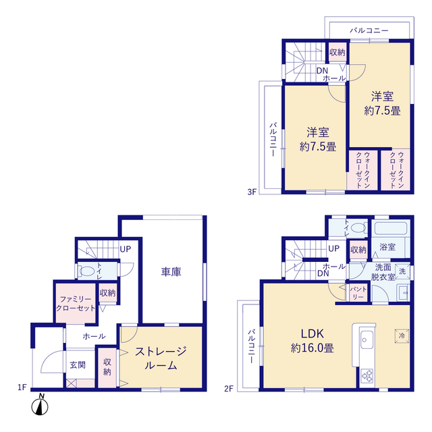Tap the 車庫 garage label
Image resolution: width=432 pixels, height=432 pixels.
click(171, 271)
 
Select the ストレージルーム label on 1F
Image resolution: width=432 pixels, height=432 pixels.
click(161, 358)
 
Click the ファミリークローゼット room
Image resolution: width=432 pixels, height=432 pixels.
click(76, 303)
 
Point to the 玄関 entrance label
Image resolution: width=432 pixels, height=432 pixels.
click(78, 365)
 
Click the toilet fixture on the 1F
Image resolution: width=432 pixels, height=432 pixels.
click(85, 271)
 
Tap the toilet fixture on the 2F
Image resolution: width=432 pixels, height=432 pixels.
click(357, 228)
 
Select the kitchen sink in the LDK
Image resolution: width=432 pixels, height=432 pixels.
click(367, 340)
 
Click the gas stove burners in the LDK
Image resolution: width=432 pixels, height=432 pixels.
click(367, 375)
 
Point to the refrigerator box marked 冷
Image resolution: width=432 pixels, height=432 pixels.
click(402, 336)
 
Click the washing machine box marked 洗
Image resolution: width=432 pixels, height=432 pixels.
click(402, 271)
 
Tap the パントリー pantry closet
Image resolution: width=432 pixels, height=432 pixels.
click(358, 292)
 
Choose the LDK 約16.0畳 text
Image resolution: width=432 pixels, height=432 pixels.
click(312, 341)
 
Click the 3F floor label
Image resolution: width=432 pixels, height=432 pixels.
click(252, 192)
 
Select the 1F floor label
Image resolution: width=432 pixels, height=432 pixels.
click(22, 387)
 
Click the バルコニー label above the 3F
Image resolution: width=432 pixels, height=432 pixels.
click(369, 30)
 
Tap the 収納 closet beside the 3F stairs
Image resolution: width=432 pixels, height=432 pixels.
click(337, 53)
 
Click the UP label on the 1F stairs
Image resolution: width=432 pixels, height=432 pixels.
click(126, 249)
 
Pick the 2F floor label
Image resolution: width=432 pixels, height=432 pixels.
click(229, 389)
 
